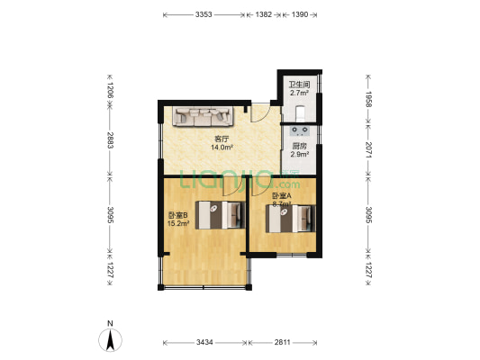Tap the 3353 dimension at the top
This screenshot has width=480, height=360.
[x=204, y=15]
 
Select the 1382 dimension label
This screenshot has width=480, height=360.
[x=264, y=15]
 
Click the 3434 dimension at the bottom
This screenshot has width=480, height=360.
[x=204, y=343]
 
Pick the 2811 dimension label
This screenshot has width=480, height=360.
[x=284, y=343]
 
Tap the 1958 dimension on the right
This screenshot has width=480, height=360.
[x=368, y=98]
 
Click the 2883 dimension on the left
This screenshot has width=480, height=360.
[x=110, y=140]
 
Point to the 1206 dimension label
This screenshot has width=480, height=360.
[x=110, y=89]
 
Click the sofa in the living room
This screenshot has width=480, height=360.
[x=205, y=116]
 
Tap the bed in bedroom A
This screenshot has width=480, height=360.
[x=291, y=219]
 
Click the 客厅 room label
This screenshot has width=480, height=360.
[x=220, y=139]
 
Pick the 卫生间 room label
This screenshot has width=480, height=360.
[x=298, y=85]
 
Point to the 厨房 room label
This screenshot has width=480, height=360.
[x=299, y=147]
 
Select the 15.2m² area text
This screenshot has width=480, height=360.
[x=177, y=223]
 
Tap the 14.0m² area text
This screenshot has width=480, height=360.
[x=220, y=147]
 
